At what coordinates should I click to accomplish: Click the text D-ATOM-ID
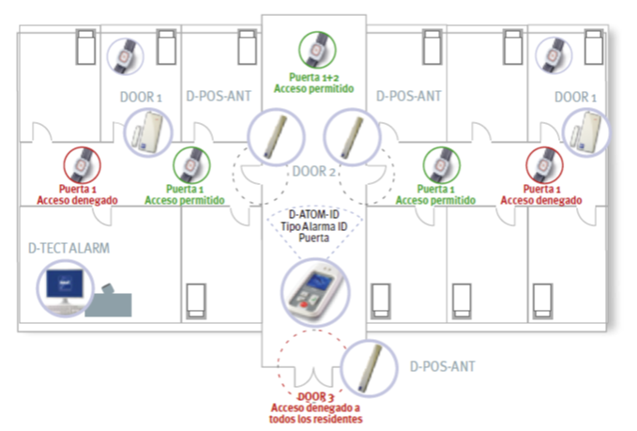pos(316,216)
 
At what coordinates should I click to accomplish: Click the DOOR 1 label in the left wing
pos(141,97)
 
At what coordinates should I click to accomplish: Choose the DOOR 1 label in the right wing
pos(576,97)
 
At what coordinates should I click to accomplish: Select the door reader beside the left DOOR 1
pos(147,132)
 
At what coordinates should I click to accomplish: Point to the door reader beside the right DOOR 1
pos(584,134)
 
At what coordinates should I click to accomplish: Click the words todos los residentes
pos(315,419)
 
